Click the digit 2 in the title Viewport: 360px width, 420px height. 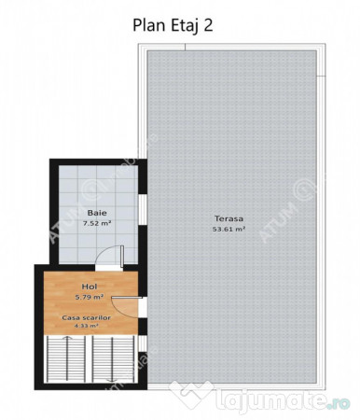[x=208, y=25]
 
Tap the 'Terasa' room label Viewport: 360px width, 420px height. [x=228, y=218]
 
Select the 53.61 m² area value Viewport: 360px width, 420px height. [x=228, y=229]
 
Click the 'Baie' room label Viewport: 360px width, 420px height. [x=96, y=213]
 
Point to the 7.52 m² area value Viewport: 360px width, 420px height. [x=96, y=224]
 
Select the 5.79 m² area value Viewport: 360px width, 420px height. [x=90, y=298]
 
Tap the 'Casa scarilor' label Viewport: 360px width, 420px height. [x=87, y=317]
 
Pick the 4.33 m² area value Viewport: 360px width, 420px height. [x=87, y=327]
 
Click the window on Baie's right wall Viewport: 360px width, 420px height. [x=143, y=209]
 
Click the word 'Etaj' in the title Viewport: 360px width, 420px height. [x=180, y=25]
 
